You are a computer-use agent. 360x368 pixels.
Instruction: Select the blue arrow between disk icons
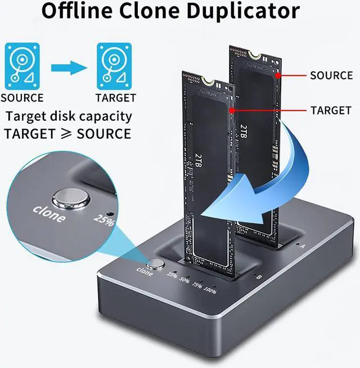click(69, 68)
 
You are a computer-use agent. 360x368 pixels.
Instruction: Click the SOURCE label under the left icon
click(22, 98)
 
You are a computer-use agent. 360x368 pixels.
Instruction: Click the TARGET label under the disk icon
click(115, 98)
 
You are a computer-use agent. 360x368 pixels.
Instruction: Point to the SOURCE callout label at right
click(331, 75)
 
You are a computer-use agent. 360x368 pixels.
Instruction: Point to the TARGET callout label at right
click(331, 111)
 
